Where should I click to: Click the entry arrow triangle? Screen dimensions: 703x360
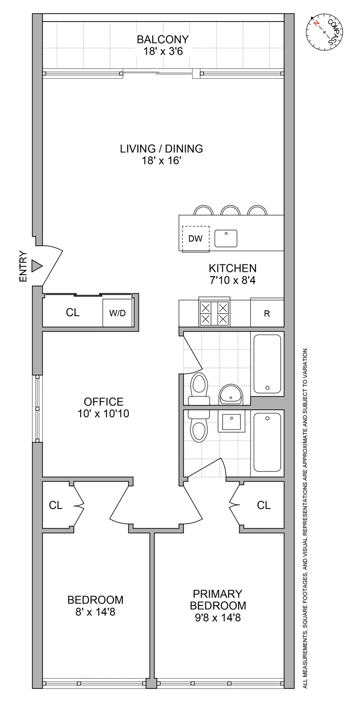[36, 267]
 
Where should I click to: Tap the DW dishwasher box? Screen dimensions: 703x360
[195, 239]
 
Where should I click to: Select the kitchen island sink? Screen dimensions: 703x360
[226, 239]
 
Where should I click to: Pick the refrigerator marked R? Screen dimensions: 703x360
[267, 314]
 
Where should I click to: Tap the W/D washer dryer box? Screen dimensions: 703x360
[118, 313]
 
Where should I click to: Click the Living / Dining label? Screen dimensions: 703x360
[161, 149]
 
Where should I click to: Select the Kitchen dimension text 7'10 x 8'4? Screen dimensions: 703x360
[232, 281]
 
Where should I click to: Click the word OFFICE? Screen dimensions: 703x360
[104, 402]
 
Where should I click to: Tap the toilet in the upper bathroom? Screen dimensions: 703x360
[199, 389]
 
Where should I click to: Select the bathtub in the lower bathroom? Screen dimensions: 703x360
[267, 442]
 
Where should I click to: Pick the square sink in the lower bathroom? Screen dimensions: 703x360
[231, 423]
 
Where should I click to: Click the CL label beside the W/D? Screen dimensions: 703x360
[73, 313]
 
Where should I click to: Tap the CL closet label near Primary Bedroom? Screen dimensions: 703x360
[264, 505]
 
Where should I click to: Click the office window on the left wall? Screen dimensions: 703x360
[37, 408]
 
